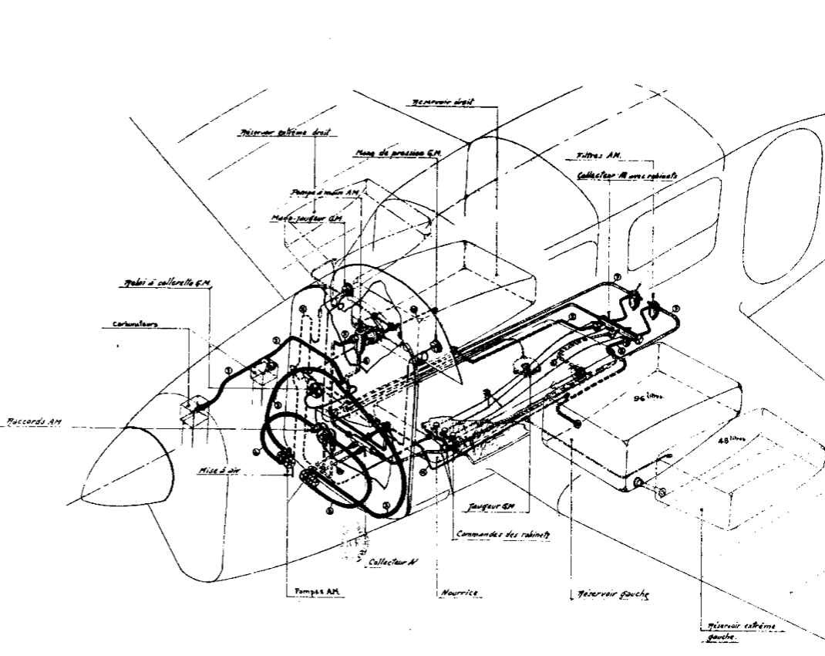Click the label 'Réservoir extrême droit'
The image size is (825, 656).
pos(283,133)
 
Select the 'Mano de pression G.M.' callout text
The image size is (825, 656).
pos(398,154)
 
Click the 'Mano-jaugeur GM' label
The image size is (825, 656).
pos(305,218)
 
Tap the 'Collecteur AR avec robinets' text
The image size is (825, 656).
pos(627,175)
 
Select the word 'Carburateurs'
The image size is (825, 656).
pos(123,324)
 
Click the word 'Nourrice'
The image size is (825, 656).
pos(460,592)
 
